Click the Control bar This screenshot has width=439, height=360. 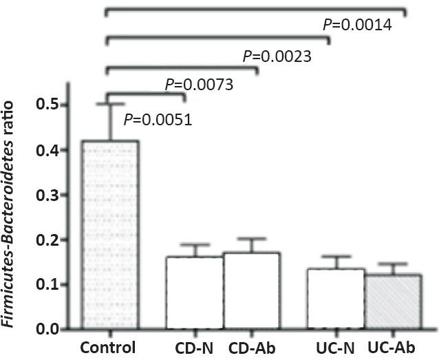(109, 235)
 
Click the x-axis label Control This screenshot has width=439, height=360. (108, 346)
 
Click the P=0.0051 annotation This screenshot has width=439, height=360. (158, 120)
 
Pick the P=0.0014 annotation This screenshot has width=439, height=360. (357, 25)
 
